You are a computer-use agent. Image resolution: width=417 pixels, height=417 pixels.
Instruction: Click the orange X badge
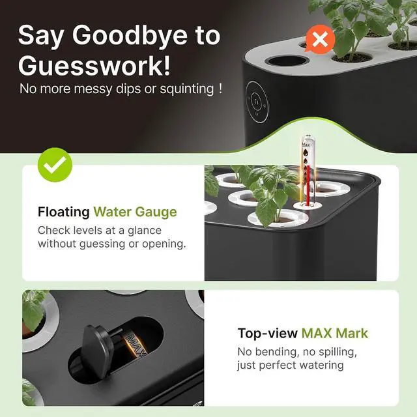pyautogui.click(x=320, y=40)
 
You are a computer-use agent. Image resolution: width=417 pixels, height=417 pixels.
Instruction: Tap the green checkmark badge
pyautogui.click(x=55, y=165)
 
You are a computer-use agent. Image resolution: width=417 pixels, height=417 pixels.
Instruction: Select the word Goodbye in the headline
pyautogui.click(x=130, y=36)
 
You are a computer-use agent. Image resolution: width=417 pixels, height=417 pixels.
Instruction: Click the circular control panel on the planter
pyautogui.click(x=257, y=102)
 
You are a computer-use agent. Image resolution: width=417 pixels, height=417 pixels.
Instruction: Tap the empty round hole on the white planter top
pyautogui.click(x=287, y=61)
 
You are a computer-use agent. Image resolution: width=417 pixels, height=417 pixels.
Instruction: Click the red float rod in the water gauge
pyautogui.click(x=308, y=186)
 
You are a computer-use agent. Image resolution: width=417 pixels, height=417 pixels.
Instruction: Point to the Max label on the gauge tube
pyautogui.click(x=306, y=145)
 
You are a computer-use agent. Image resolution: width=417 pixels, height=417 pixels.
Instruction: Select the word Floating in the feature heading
pyautogui.click(x=64, y=212)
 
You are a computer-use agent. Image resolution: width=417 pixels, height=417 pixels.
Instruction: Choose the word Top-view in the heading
pyautogui.click(x=268, y=334)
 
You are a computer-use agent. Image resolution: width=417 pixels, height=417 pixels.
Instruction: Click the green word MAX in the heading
pyautogui.click(x=317, y=333)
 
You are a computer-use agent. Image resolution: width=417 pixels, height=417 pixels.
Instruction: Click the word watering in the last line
pyautogui.click(x=321, y=366)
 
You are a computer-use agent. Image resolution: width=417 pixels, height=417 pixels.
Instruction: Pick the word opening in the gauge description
pyautogui.click(x=164, y=244)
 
